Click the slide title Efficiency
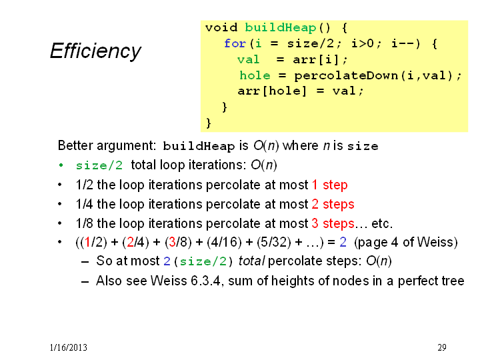[95, 51]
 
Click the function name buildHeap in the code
[281, 28]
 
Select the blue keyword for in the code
[235, 43]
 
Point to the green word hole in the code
[255, 75]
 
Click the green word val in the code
[248, 59]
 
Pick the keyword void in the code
[221, 27]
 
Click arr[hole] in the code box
[272, 91]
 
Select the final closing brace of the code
[209, 123]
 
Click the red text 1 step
[330, 185]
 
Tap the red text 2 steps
[333, 204]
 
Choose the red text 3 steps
[333, 223]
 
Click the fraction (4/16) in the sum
[224, 243]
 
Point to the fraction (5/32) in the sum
[274, 243]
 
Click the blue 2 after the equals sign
[343, 242]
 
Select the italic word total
[251, 261]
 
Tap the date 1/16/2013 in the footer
[69, 347]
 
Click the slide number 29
[442, 347]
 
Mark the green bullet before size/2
[61, 165]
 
